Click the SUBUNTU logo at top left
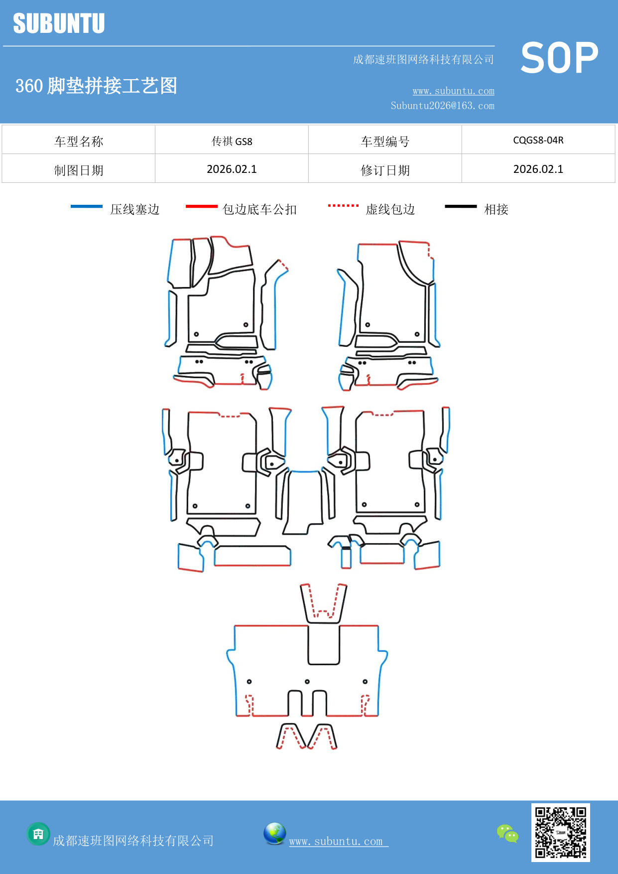click(59, 23)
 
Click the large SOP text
click(559, 58)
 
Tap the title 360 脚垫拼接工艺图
click(96, 86)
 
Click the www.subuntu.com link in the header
click(453, 91)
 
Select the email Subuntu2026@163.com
click(442, 106)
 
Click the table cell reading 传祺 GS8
click(232, 141)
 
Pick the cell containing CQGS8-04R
click(538, 140)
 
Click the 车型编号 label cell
click(384, 142)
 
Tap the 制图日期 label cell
click(79, 170)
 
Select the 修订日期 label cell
click(384, 170)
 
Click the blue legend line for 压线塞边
click(87, 206)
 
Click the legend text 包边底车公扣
click(259, 209)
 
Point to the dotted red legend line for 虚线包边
click(343, 205)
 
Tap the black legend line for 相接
click(461, 206)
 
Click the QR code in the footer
click(560, 833)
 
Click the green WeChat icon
click(507, 834)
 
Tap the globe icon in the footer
click(274, 834)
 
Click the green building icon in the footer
click(38, 834)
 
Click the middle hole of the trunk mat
click(307, 682)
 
